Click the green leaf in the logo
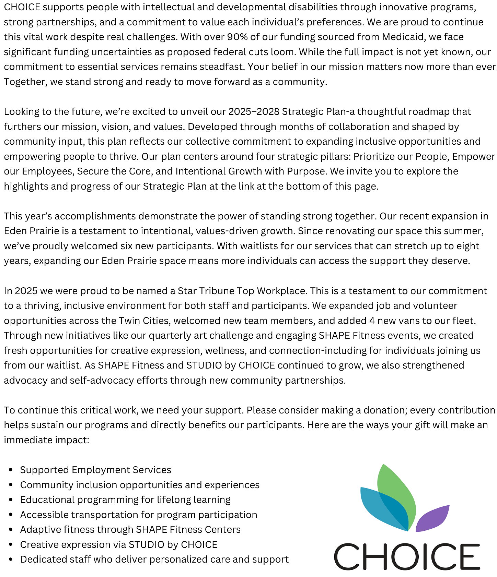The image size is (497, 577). pyautogui.click(x=395, y=487)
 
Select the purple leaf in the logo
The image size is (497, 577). pyautogui.click(x=432, y=518)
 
